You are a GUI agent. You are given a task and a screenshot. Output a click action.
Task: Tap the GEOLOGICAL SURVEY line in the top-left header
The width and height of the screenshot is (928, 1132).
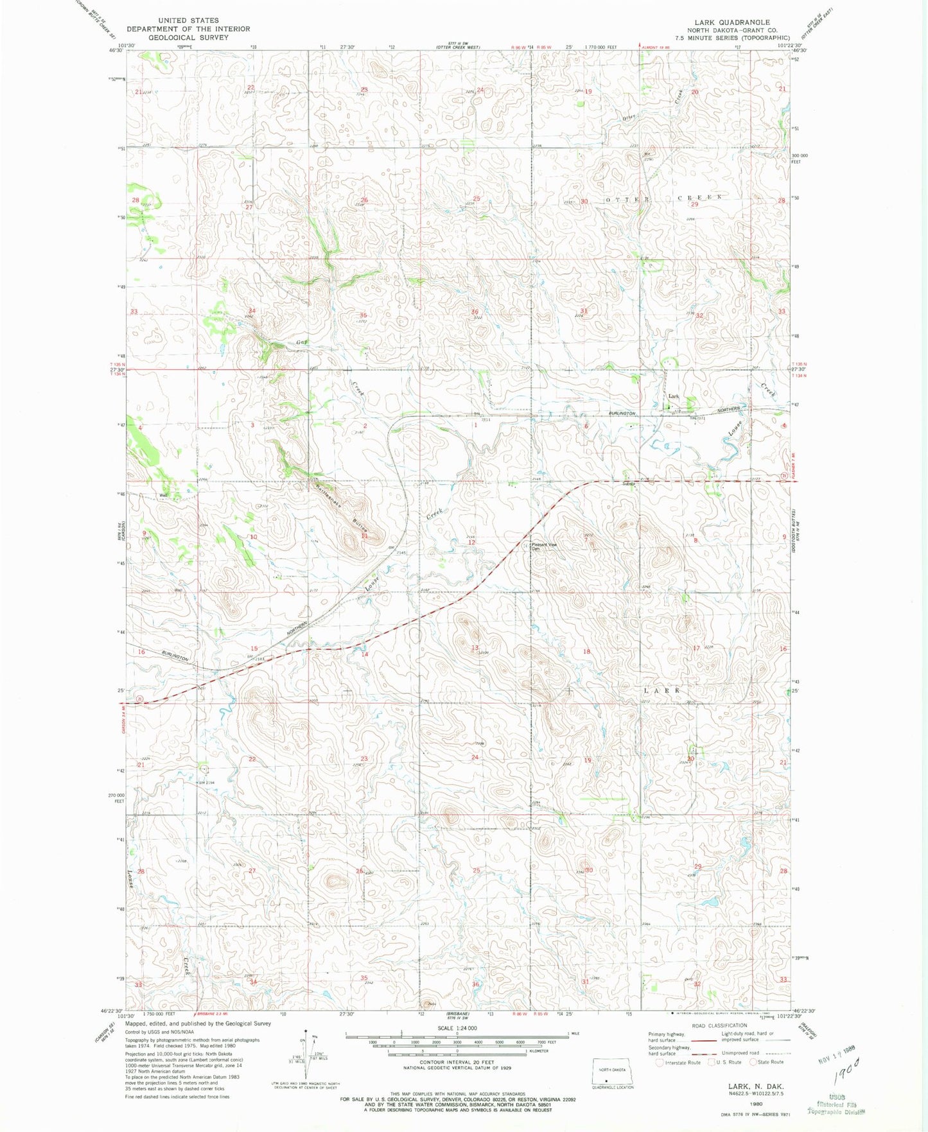click(188, 37)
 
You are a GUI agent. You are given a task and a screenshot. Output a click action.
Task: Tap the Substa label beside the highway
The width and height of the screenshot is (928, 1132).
click(628, 483)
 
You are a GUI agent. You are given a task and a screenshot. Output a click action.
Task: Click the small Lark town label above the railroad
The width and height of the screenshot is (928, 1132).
click(673, 396)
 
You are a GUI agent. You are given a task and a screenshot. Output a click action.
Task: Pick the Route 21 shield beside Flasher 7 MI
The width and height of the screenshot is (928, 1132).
click(785, 475)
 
